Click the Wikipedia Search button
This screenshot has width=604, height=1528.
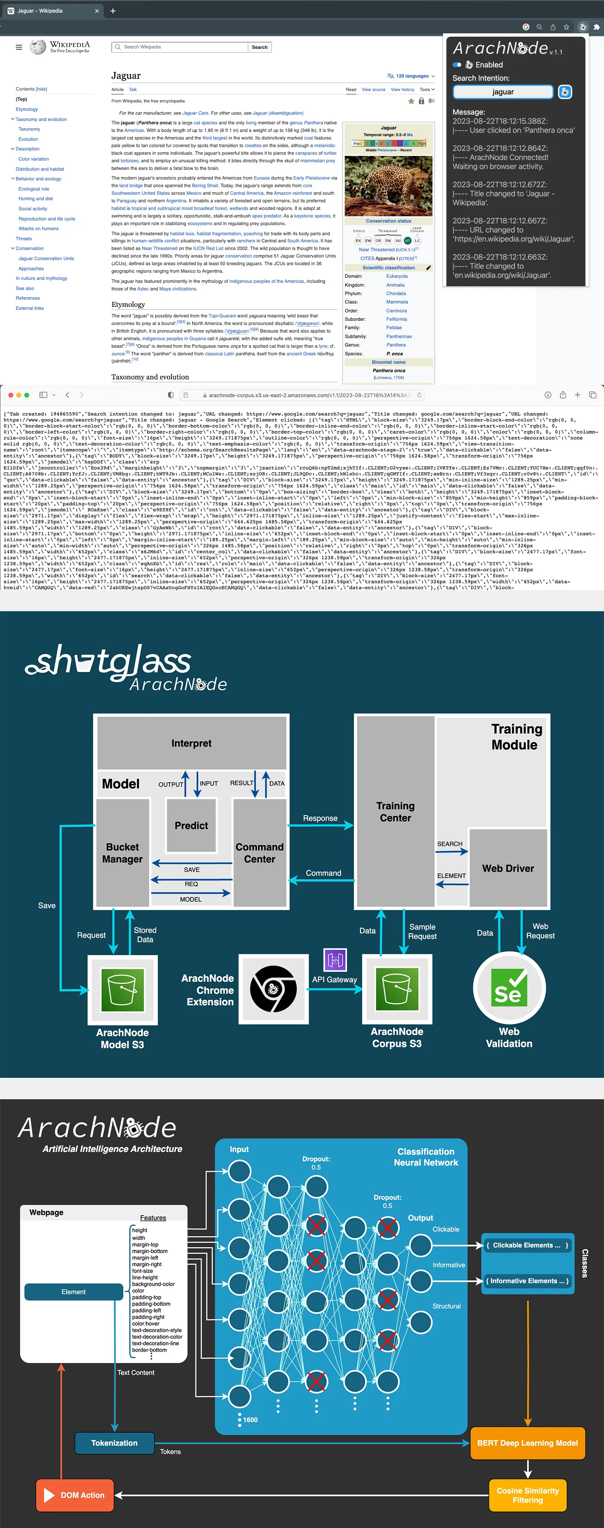pyautogui.click(x=259, y=48)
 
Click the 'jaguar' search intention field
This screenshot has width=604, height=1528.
pyautogui.click(x=502, y=92)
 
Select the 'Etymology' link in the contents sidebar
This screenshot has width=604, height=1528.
pyautogui.click(x=27, y=109)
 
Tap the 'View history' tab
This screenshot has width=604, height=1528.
pyautogui.click(x=402, y=89)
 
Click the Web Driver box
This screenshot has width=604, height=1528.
pyautogui.click(x=508, y=868)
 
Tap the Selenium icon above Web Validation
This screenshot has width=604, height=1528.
pyautogui.click(x=509, y=988)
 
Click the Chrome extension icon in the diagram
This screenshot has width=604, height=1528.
pyautogui.click(x=273, y=989)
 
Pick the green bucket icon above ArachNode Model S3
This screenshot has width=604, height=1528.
pyautogui.click(x=122, y=989)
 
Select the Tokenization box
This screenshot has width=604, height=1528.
pyautogui.click(x=115, y=1442)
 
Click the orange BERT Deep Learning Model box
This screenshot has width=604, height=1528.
pyautogui.click(x=527, y=1442)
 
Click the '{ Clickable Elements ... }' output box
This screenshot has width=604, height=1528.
pyautogui.click(x=527, y=1245)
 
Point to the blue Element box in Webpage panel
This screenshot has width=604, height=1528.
pyautogui.click(x=74, y=1292)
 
